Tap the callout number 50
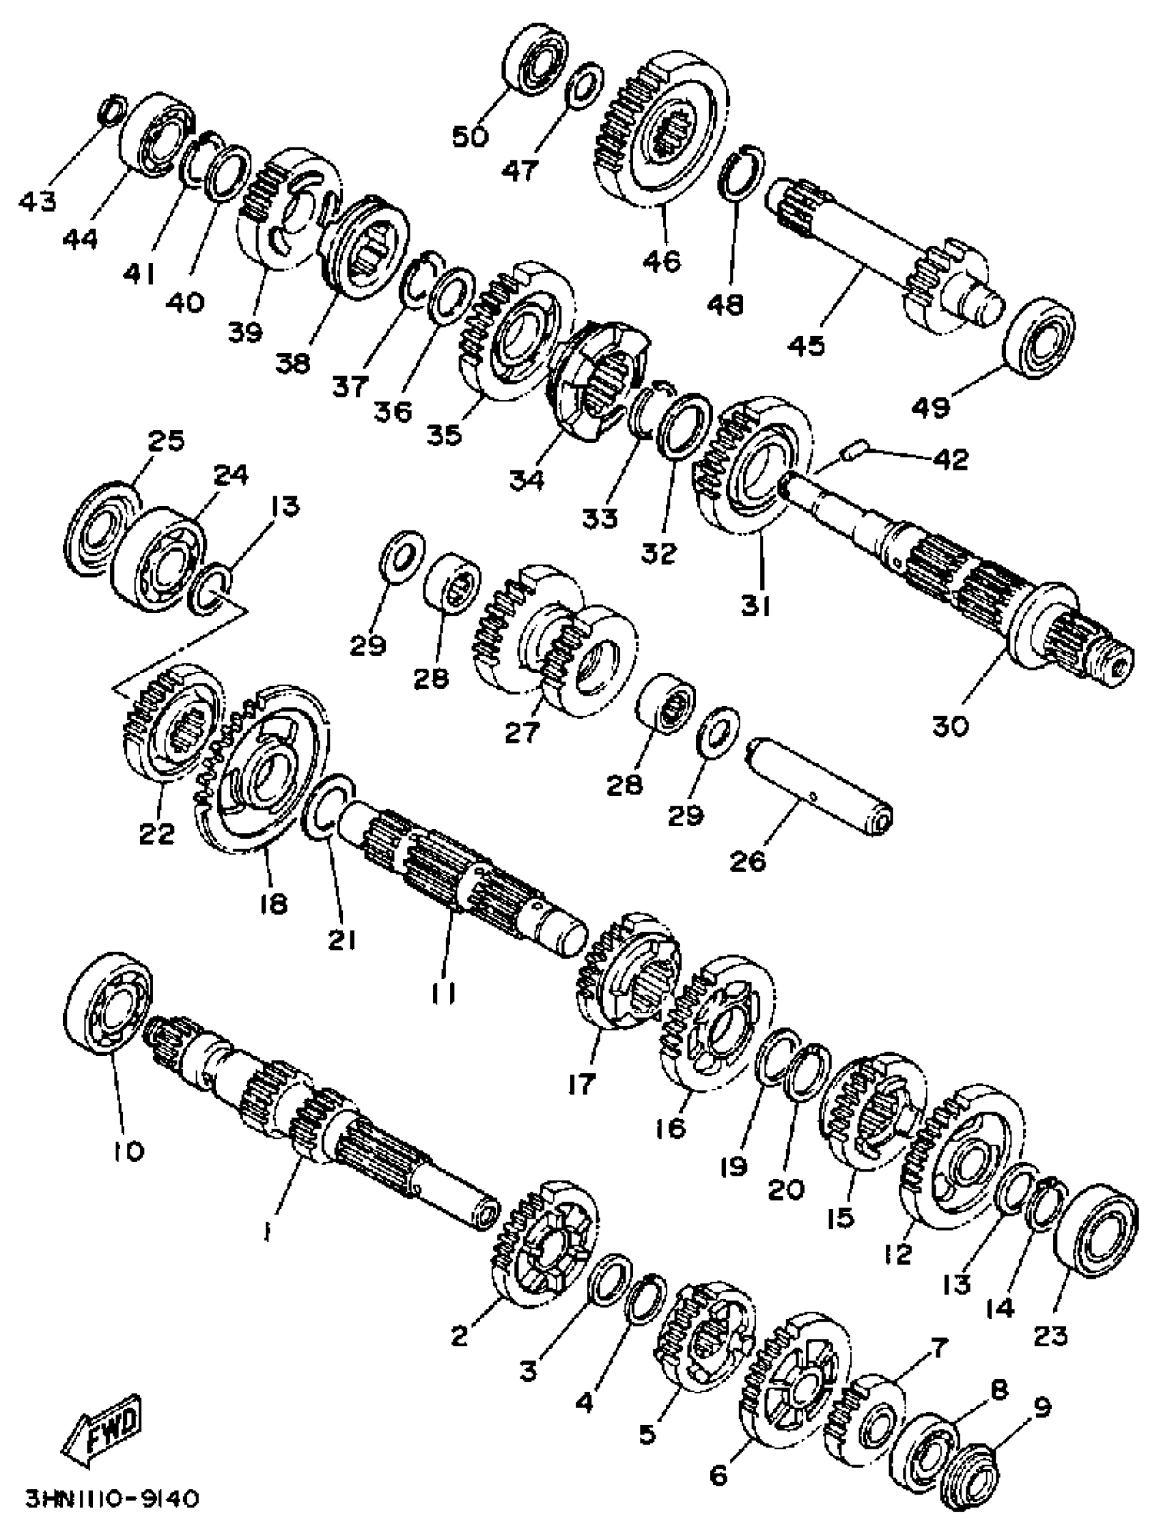[471, 137]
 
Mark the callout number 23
[1050, 1334]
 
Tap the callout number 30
[951, 726]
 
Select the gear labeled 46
[660, 130]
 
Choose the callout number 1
[267, 1231]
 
